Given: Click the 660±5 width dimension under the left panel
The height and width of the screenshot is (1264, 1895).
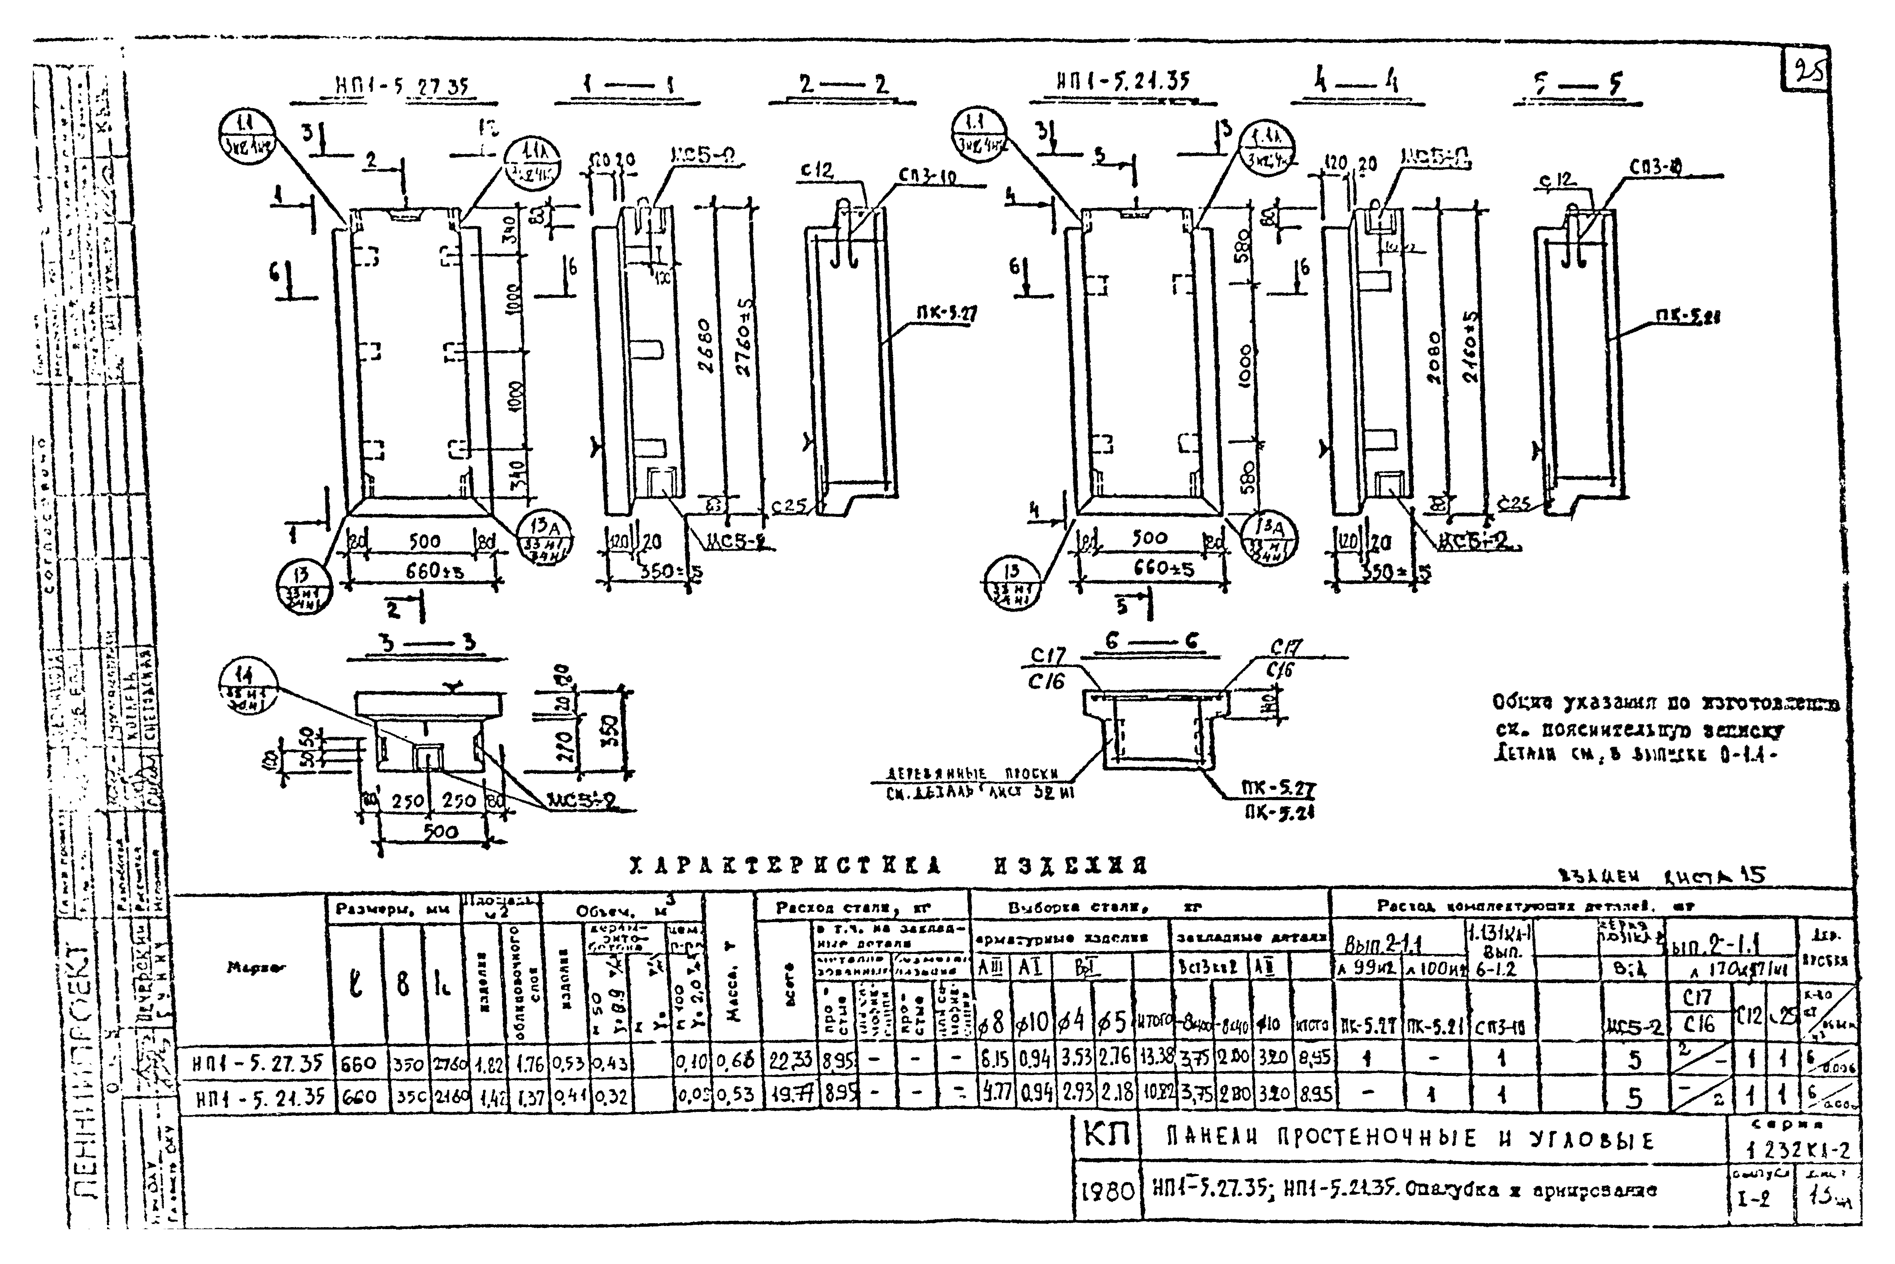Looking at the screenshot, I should (433, 571).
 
